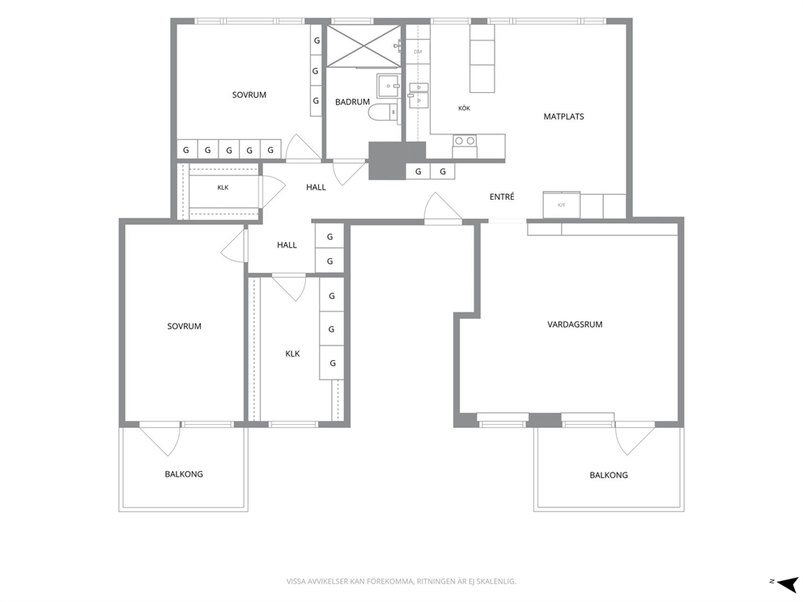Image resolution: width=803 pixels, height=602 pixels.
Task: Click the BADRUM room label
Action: [x=352, y=102]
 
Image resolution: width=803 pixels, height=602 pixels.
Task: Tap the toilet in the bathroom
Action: [x=383, y=112]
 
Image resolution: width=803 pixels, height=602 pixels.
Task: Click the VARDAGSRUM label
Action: [x=575, y=324]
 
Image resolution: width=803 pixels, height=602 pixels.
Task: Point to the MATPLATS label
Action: [x=564, y=117]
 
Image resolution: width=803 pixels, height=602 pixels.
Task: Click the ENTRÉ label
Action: [x=502, y=197]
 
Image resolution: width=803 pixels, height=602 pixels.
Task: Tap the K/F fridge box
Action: [x=561, y=205]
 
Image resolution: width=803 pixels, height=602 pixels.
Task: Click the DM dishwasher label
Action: [x=418, y=52]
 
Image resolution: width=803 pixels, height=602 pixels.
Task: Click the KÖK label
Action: [x=464, y=108]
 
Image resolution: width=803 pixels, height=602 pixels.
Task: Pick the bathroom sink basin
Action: [x=389, y=86]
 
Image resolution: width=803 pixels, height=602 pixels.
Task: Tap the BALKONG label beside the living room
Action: [x=609, y=475]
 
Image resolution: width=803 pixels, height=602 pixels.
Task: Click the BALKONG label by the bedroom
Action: [x=184, y=474]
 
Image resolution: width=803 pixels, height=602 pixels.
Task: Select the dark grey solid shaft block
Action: [x=397, y=161]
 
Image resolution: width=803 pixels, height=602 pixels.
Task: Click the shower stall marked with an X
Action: [x=363, y=46]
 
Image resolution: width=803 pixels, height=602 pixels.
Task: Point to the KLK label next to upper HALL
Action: [x=223, y=188]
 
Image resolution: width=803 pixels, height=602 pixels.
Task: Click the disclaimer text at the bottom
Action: [x=401, y=582]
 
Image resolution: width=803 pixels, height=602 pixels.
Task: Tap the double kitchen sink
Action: [x=418, y=95]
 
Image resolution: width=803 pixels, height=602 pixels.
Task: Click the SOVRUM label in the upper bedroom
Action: [x=249, y=95]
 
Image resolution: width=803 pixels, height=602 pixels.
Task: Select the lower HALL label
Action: [x=287, y=245]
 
